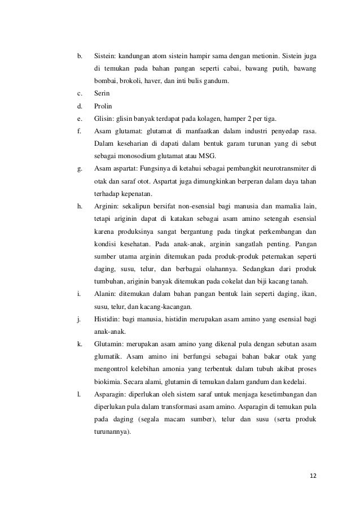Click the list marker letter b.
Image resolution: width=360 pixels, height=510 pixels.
pyautogui.click(x=79, y=56)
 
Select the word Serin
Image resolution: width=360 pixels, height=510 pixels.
pyautogui.click(x=102, y=93)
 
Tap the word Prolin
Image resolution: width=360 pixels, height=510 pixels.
pyautogui.click(x=103, y=106)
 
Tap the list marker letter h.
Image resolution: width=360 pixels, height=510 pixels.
pyautogui.click(x=79, y=204)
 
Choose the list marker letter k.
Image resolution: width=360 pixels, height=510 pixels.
pyautogui.click(x=79, y=344)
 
